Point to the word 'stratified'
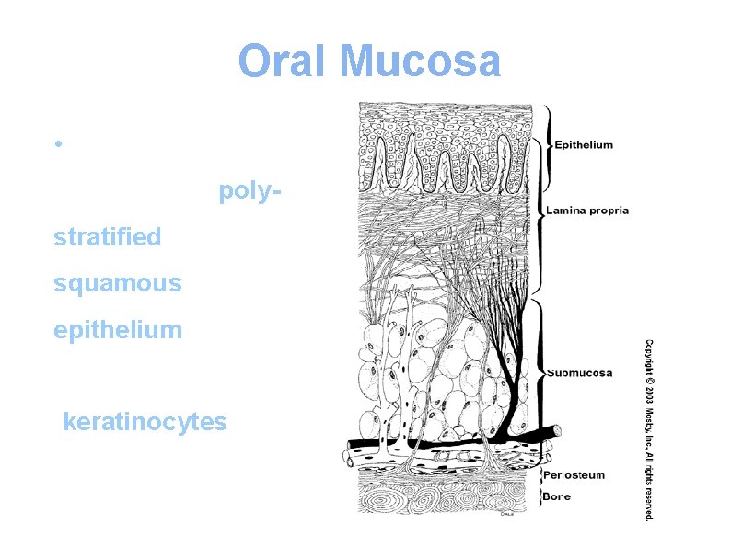point(108,237)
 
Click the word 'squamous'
point(118,283)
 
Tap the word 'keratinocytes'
point(144,422)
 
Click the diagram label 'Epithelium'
point(583,144)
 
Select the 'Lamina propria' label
point(587,211)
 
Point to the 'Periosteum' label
point(574,475)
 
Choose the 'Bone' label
point(556,496)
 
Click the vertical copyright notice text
point(647,427)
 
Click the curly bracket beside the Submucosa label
point(542,372)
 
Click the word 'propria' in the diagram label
point(609,211)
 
